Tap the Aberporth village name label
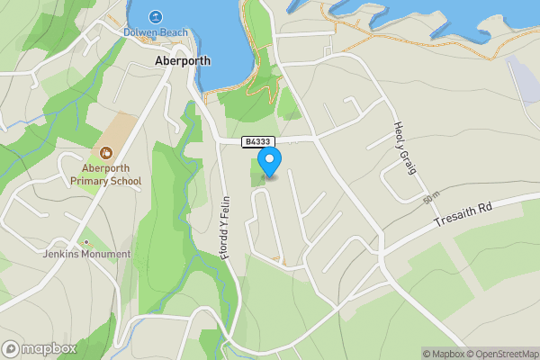182,62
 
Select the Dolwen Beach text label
157,33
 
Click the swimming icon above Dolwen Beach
157,16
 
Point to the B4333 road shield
256,141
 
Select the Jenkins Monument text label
86,255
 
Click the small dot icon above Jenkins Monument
86,242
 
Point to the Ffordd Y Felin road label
225,228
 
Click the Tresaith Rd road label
464,214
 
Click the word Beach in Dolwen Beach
174,33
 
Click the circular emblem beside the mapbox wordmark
12,349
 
